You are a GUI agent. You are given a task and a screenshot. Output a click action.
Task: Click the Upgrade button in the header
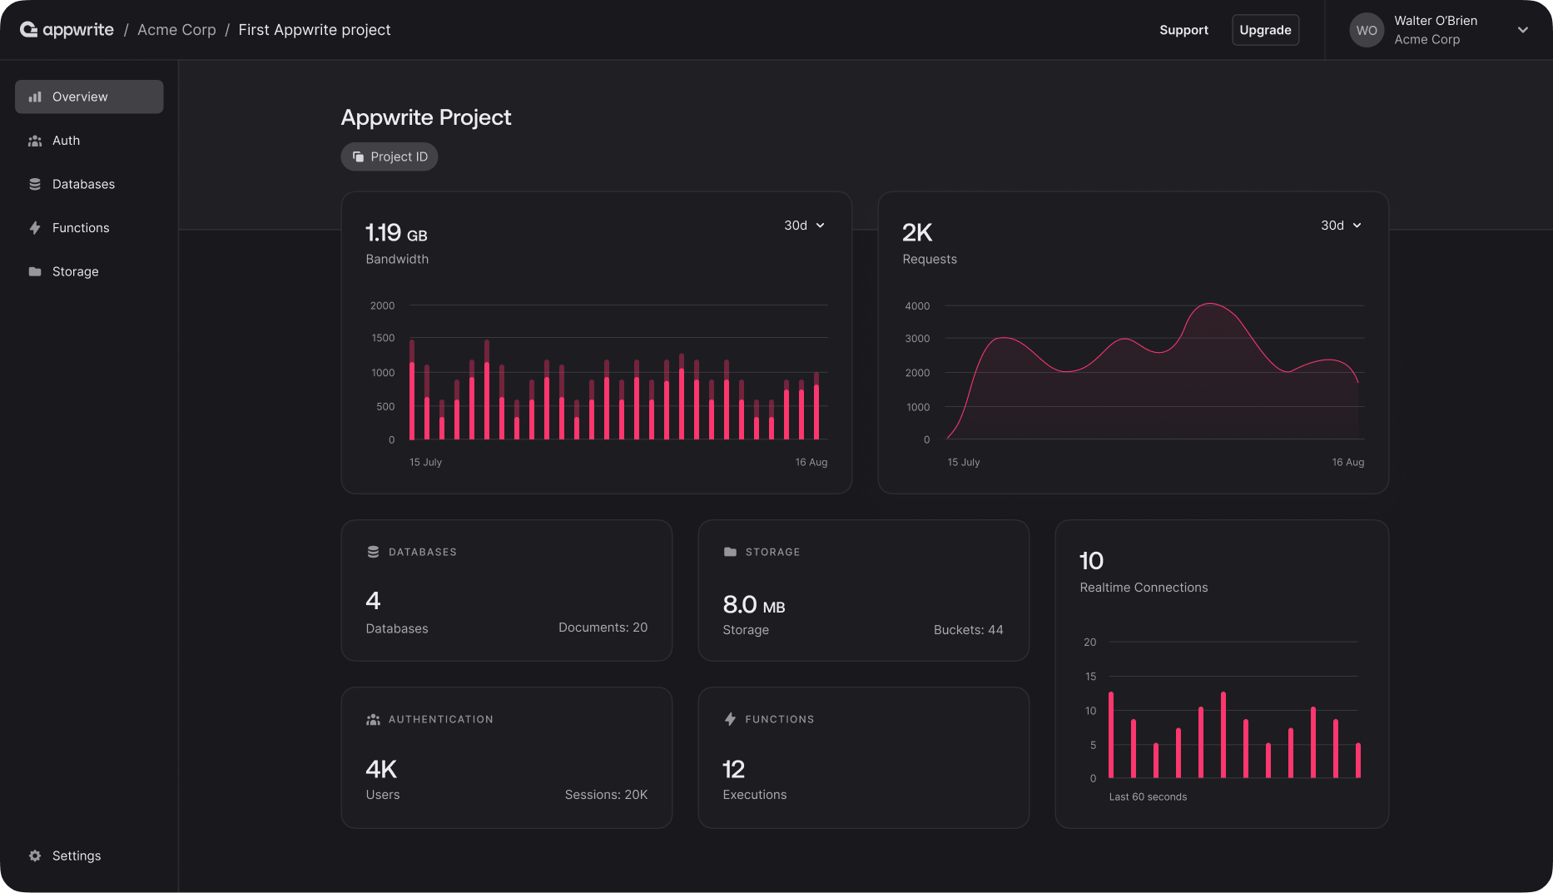[1265, 30]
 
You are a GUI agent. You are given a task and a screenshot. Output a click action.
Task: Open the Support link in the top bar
[1183, 30]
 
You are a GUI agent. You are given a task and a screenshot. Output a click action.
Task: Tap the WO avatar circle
[1366, 30]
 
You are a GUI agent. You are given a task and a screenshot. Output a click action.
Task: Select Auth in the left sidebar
[66, 141]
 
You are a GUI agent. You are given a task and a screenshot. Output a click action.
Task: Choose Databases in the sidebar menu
[83, 184]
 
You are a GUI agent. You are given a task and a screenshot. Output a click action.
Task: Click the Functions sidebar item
[80, 228]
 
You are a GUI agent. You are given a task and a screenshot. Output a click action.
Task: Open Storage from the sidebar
[75, 271]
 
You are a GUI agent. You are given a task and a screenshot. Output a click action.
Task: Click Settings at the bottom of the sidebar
[76, 856]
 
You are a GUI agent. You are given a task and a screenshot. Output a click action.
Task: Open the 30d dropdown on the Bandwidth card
[804, 226]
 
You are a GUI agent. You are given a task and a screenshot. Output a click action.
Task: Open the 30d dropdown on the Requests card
[1341, 226]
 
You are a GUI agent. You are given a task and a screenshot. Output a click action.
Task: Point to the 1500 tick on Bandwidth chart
[383, 338]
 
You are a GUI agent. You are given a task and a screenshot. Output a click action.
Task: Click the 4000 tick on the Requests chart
[917, 306]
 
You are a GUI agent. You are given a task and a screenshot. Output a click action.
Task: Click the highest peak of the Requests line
[1210, 305]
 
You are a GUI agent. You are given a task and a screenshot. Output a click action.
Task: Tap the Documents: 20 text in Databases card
[603, 628]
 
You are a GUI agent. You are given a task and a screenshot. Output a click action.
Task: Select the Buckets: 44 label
[968, 630]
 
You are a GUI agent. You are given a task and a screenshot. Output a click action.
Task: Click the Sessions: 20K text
[606, 795]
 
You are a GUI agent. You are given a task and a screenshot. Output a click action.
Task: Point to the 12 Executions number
[733, 769]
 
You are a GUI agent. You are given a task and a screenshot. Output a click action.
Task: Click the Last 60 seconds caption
[1148, 797]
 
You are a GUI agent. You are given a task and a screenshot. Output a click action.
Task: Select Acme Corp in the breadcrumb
[176, 30]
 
